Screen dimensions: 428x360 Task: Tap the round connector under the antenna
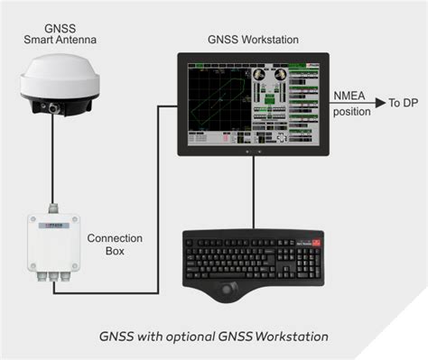pos(55,108)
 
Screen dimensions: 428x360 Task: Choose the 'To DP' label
pos(403,104)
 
